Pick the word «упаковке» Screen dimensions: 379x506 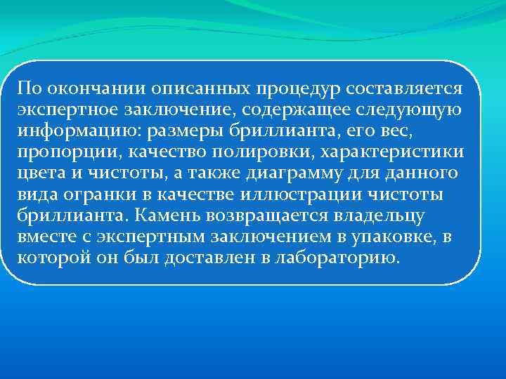391,237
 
